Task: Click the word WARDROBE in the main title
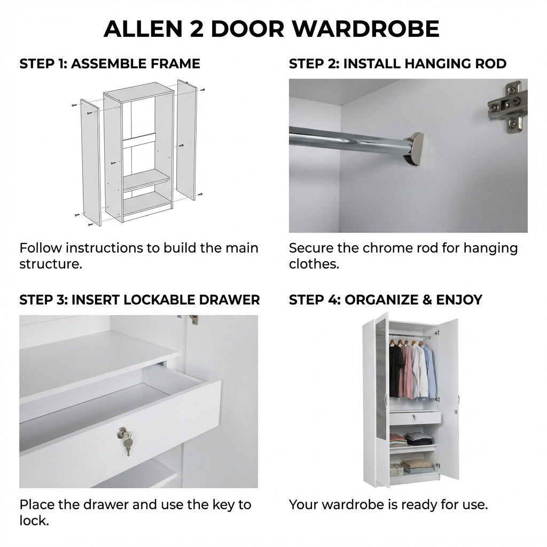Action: (366, 29)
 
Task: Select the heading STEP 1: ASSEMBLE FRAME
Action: (110, 64)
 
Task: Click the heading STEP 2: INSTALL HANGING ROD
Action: (397, 64)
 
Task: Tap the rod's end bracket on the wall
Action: (415, 148)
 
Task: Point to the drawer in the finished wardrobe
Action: (415, 418)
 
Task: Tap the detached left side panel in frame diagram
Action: (90, 162)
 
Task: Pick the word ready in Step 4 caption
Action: (419, 505)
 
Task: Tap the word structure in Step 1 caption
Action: (51, 264)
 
